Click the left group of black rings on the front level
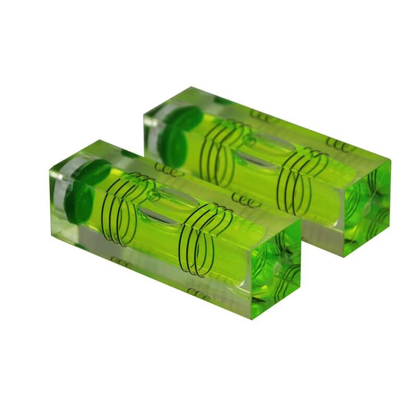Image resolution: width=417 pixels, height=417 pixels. pos(122,208)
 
